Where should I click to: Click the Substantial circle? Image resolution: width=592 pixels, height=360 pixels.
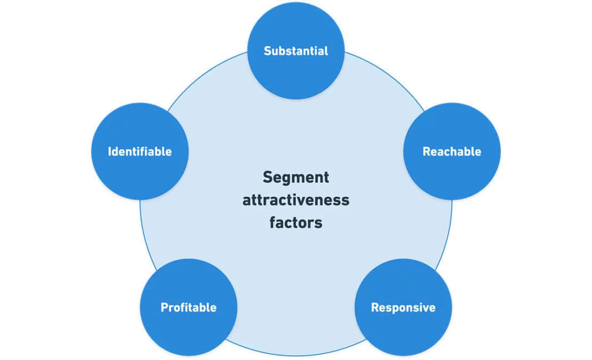point(296,51)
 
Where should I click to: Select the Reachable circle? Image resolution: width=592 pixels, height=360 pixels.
point(452,151)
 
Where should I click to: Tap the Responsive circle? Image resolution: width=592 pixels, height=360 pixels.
point(403,308)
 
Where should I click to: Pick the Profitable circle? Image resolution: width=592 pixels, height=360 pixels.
point(188,308)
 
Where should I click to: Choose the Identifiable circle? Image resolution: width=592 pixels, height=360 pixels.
point(140,151)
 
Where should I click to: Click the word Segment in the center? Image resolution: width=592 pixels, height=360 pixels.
point(296,177)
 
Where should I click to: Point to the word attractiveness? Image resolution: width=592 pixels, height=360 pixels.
point(296,200)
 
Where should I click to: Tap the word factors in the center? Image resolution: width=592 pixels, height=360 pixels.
point(296,222)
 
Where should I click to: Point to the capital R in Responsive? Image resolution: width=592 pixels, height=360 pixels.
point(374,308)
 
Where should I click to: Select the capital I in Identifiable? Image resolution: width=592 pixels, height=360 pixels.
point(110,151)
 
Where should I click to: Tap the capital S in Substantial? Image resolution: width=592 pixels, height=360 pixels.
point(267,51)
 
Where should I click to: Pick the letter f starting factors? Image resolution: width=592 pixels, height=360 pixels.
point(272,222)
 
